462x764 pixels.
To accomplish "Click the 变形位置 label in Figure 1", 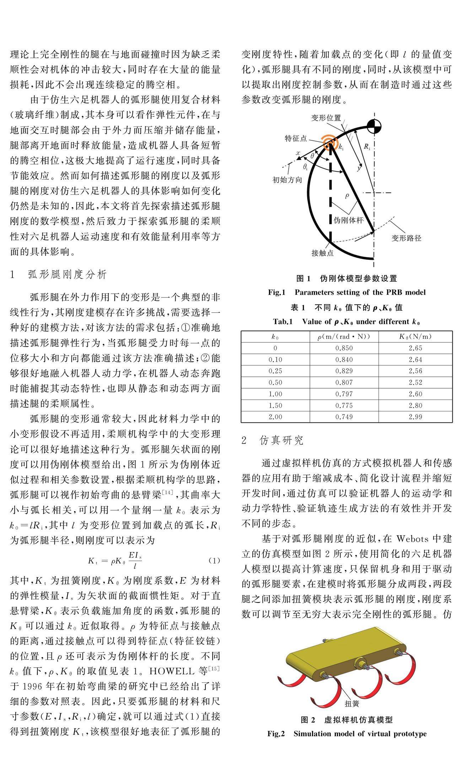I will (x=326, y=118).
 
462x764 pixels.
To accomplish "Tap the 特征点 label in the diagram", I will (x=296, y=138).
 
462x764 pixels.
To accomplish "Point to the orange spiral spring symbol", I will (x=331, y=143).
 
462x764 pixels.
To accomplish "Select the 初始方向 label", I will (x=287, y=180).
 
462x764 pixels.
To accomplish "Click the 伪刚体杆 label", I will (x=349, y=220).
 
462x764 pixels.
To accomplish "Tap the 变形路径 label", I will (x=407, y=238).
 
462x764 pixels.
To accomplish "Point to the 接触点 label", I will (x=323, y=253).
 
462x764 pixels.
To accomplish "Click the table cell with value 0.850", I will (x=344, y=348).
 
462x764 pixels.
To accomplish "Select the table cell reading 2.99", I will (x=415, y=417).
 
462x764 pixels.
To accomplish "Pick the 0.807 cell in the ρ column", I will (x=344, y=383).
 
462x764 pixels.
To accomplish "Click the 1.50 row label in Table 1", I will (x=275, y=405).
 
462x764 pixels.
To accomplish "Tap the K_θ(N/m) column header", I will (x=415, y=337).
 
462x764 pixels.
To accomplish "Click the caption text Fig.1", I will (x=277, y=292).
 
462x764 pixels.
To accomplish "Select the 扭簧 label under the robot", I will (x=352, y=703).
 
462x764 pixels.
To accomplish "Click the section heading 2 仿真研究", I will (x=272, y=440).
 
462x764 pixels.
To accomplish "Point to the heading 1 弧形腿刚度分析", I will (x=59, y=274).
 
